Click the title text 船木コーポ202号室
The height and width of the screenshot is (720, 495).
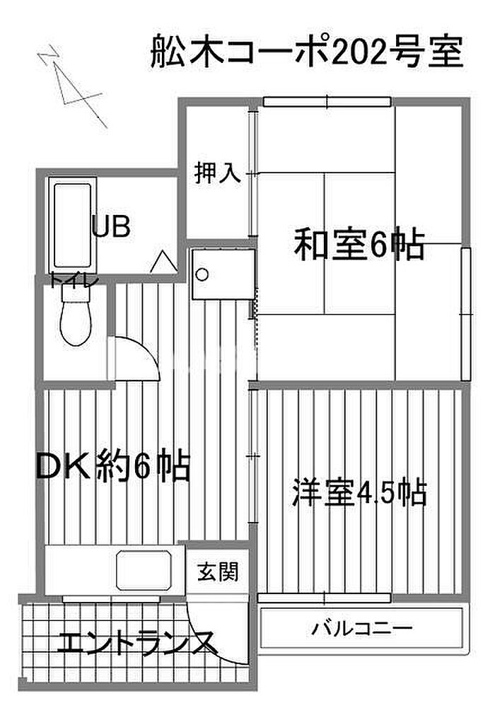(x=307, y=52)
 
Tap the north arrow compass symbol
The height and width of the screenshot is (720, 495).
(x=72, y=86)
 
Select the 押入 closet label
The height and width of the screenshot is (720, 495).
(x=217, y=173)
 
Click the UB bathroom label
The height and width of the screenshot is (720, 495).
(x=111, y=226)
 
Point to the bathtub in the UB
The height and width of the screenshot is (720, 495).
(x=73, y=226)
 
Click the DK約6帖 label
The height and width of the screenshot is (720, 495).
(x=113, y=467)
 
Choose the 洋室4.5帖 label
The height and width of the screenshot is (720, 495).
(x=359, y=493)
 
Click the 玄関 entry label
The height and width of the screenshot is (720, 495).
(x=218, y=572)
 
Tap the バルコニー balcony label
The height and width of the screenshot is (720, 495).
(x=362, y=628)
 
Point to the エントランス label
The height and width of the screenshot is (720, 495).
(x=136, y=642)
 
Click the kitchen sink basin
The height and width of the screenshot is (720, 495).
(x=145, y=570)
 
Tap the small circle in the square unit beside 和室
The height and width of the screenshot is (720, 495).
(x=202, y=274)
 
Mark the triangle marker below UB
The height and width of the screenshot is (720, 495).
(x=163, y=262)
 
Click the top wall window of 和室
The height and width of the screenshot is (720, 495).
(x=327, y=101)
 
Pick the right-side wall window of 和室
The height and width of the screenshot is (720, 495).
(x=466, y=314)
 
